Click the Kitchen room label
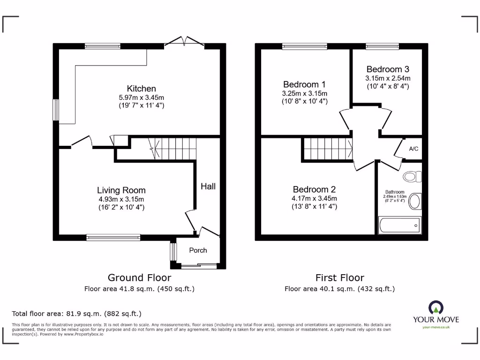[142, 89]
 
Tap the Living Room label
[121, 190]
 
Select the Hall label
[208, 187]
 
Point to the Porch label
[198, 250]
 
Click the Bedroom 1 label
[304, 84]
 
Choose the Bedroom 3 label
[388, 69]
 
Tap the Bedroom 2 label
[314, 189]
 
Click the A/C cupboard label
[413, 149]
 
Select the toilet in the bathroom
[412, 176]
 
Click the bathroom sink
[415, 202]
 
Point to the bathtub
[399, 225]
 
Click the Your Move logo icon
[436, 307]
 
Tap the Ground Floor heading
[139, 277]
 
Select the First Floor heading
[340, 277]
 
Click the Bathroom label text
[395, 192]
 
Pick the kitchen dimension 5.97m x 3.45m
[142, 97]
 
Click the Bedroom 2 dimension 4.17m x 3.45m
[314, 198]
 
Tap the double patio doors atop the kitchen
[185, 42]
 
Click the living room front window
[113, 237]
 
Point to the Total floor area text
[76, 314]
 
